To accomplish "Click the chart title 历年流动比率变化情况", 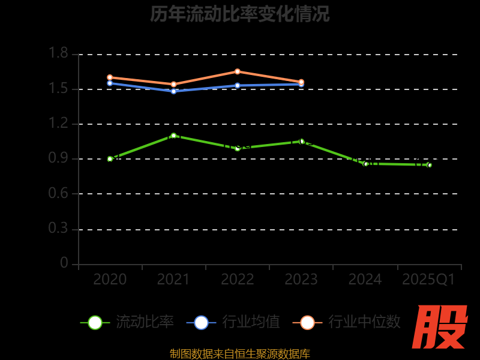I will coord(240,14).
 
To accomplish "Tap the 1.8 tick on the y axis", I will coord(58,54).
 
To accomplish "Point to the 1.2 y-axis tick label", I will coord(58,124).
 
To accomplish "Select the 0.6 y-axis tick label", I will coord(58,194).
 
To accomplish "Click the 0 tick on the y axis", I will coord(64,263).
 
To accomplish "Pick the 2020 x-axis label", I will coord(110,280).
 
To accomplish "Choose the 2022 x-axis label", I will coord(237,280).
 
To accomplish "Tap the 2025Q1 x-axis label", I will coord(428,280).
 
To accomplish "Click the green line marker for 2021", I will coord(173,136).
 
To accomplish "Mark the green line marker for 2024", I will coord(365,164).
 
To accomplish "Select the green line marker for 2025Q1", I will coord(429,165).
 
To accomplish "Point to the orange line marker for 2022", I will coord(238,71).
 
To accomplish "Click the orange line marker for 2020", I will coord(110,77).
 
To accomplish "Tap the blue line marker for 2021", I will coord(173,91).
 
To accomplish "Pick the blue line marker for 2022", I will coord(238,85).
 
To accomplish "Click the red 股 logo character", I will coord(440,327).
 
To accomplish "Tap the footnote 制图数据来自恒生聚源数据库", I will coord(240,354).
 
